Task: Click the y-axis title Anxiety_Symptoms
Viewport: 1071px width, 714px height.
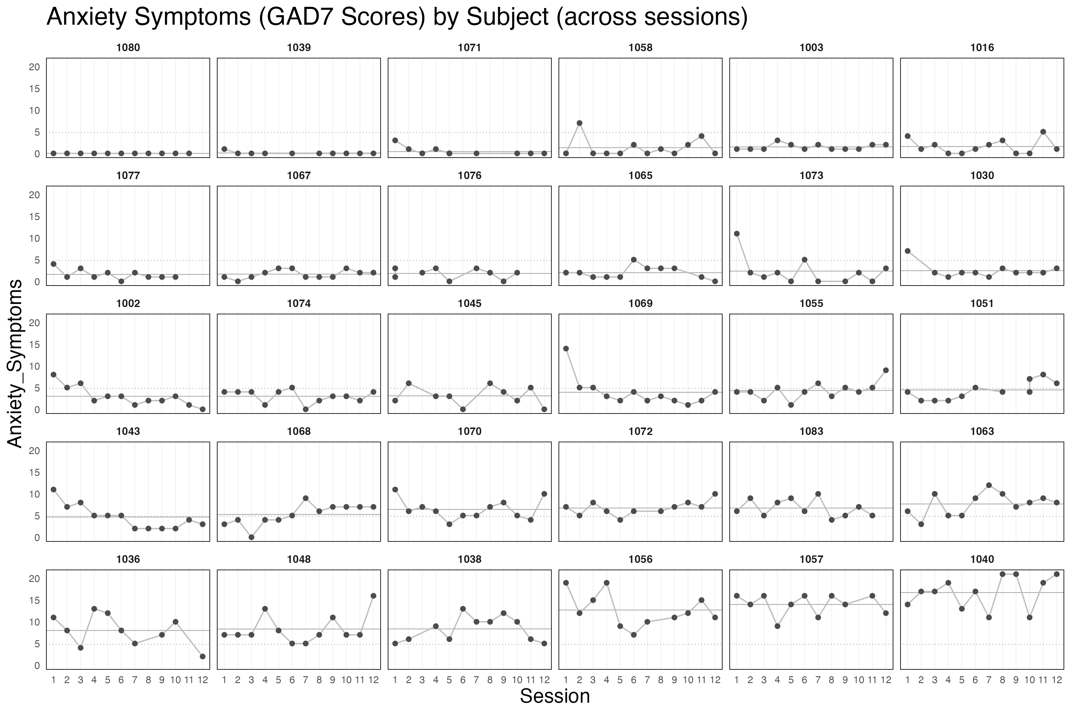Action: tap(15, 363)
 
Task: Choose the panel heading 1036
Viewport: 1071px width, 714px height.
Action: tap(128, 559)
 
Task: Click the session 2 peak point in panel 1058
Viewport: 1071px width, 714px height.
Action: tap(579, 123)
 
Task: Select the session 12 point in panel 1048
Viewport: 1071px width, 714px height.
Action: tap(373, 596)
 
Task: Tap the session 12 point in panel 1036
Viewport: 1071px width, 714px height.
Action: tap(203, 657)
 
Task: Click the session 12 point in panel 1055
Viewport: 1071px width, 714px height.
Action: tap(886, 370)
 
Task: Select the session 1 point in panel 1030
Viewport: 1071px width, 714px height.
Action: tap(908, 251)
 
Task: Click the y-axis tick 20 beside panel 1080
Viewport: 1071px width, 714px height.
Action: tap(35, 67)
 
